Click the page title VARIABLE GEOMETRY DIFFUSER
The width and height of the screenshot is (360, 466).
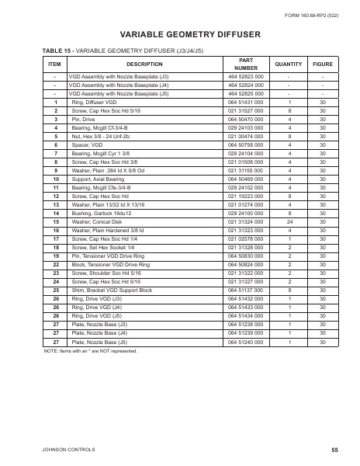coord(179,34)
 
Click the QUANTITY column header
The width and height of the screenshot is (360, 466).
coord(289,64)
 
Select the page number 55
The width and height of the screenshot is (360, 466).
coord(334,449)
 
